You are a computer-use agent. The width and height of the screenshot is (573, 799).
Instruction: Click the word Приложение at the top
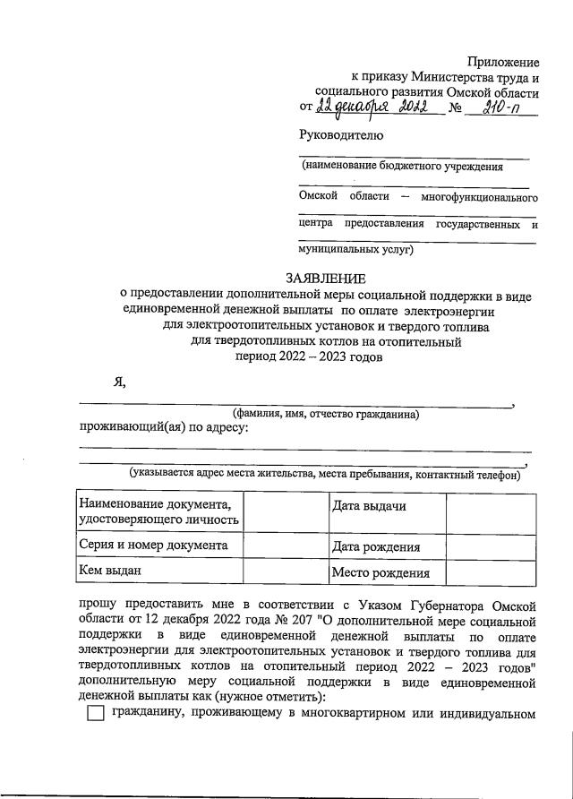click(x=504, y=62)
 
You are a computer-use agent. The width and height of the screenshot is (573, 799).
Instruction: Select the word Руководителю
click(x=341, y=135)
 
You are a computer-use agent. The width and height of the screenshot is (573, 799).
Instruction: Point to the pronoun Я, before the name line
click(x=118, y=382)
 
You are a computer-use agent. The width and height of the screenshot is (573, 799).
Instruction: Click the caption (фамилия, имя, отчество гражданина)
click(x=326, y=414)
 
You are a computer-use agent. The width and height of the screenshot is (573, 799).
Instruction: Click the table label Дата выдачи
click(x=369, y=507)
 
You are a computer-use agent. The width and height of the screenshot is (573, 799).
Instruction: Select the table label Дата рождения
click(x=375, y=546)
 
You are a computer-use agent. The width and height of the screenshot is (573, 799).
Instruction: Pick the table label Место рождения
click(x=381, y=573)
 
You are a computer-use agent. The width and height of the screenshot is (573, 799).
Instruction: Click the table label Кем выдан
click(x=110, y=570)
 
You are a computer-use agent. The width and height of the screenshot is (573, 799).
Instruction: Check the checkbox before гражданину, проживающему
click(x=96, y=715)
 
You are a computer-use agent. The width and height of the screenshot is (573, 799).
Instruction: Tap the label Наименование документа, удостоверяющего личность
click(x=159, y=511)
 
